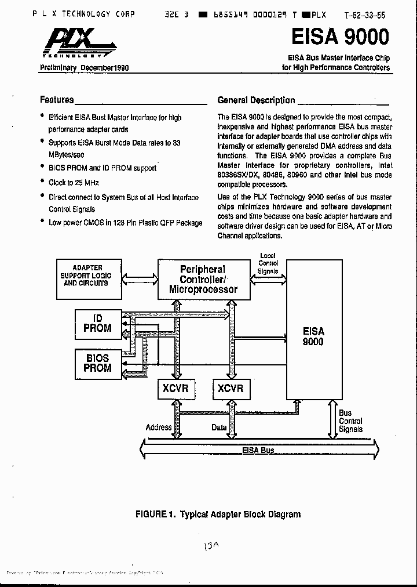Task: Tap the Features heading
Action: coord(57,100)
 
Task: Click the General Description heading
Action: coord(256,100)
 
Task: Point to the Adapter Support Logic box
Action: coord(86,276)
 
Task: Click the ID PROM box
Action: coord(97,324)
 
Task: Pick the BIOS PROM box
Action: coord(97,363)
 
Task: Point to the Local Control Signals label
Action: coord(268,263)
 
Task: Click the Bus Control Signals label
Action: coord(350,421)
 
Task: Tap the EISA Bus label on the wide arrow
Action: coord(258,450)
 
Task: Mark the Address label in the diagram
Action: coord(158,427)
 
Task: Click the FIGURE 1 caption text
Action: coord(218,514)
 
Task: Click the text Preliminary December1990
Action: coord(84,68)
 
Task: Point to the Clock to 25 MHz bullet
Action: coord(70,183)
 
